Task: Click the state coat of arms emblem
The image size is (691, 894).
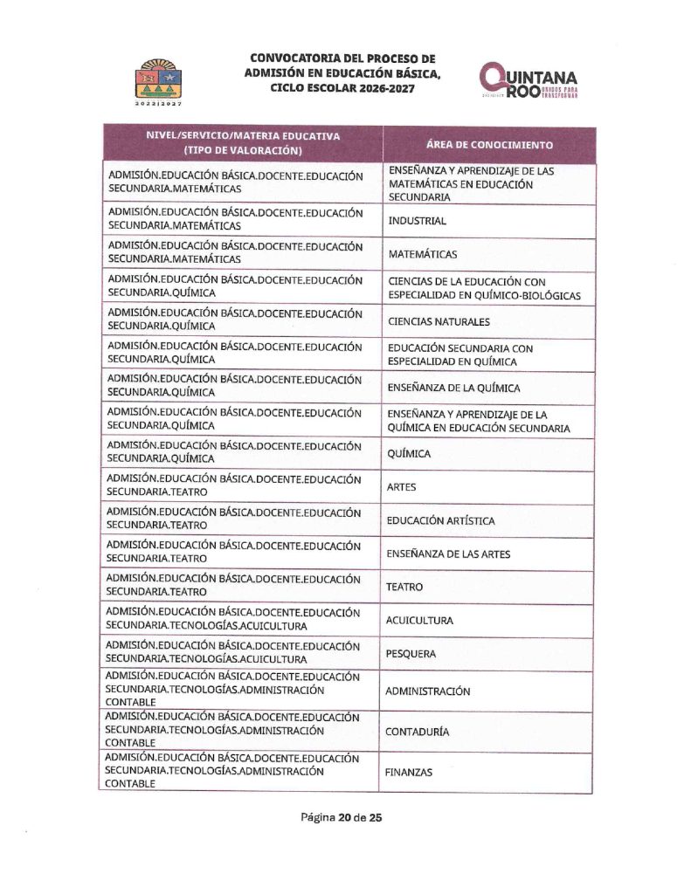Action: [158, 81]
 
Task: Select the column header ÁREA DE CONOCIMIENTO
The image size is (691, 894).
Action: [489, 144]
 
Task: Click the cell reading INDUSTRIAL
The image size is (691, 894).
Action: [418, 221]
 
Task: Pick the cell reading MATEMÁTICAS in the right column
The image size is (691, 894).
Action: [423, 254]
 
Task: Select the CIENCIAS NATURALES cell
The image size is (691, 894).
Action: [439, 321]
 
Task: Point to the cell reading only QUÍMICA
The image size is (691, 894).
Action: [409, 454]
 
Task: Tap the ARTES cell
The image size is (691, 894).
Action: [402, 487]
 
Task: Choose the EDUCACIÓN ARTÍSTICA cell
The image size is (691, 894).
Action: [440, 520]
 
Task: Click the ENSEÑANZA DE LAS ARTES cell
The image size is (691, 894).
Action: [448, 554]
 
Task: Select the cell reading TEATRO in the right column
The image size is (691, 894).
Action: [404, 587]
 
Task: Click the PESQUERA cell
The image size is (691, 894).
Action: [411, 653]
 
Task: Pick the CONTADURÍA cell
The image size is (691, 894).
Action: [418, 732]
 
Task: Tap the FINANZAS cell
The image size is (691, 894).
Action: [409, 773]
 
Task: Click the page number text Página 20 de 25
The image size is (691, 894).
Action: [342, 818]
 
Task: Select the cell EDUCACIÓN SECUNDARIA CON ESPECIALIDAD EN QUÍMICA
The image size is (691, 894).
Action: [460, 354]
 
